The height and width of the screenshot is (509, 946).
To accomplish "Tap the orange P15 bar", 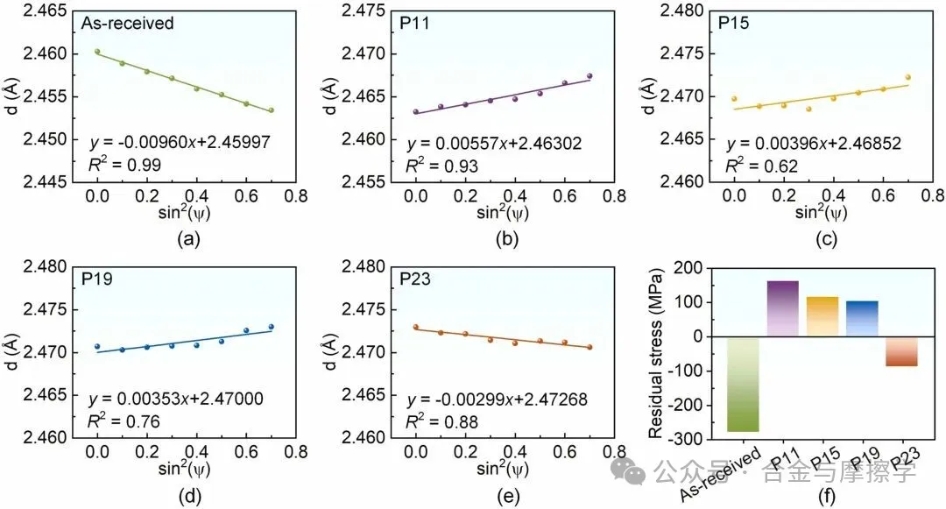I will click(822, 316).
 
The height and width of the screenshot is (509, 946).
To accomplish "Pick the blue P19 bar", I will click(862, 319).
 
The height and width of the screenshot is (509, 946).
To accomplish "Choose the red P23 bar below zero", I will click(901, 351).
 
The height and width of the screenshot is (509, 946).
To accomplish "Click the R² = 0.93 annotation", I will click(431, 163).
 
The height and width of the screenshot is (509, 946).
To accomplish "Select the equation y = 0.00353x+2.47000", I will click(176, 399).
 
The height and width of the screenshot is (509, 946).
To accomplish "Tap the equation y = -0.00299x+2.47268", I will click(496, 399).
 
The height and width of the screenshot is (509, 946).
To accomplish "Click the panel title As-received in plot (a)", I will click(129, 24).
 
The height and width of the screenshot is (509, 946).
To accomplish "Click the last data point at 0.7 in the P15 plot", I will click(907, 77).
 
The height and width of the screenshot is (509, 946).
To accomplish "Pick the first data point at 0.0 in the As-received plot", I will click(97, 52).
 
